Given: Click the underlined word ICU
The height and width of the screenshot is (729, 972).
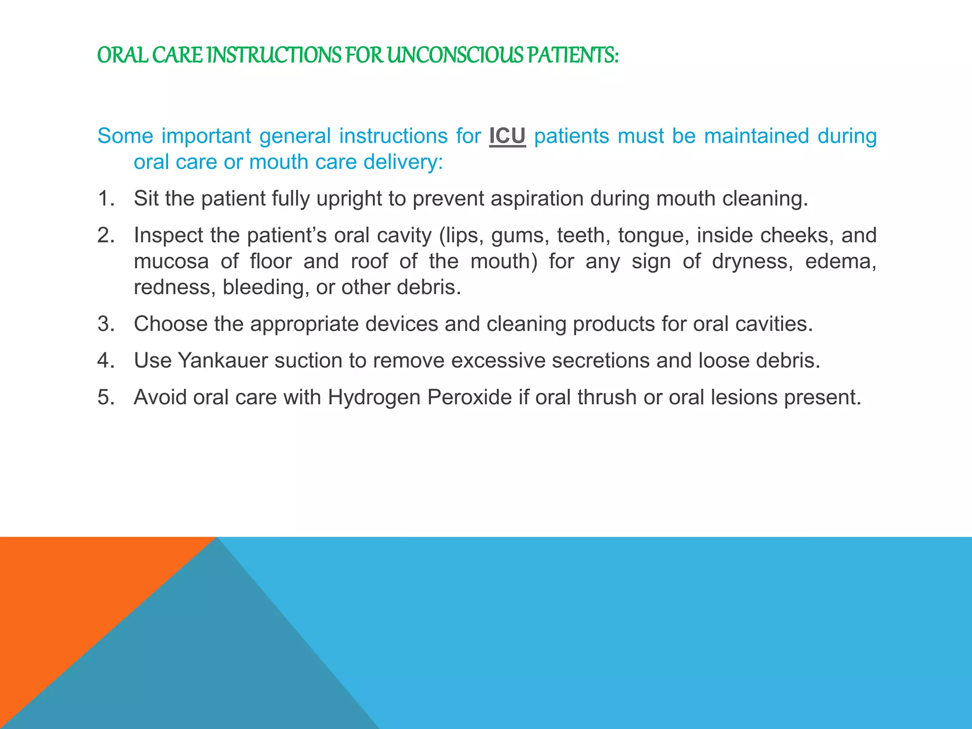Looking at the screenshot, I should click(507, 136).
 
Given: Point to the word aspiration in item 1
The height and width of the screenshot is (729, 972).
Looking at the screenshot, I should click(537, 198).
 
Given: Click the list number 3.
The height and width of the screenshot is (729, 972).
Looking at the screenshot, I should click(106, 324).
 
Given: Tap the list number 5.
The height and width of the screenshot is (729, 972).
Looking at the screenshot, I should click(106, 397).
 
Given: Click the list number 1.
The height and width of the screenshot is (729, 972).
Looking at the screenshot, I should click(106, 198).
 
